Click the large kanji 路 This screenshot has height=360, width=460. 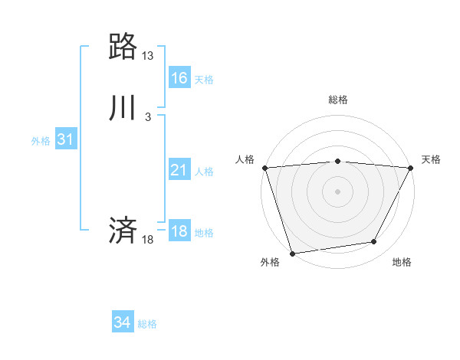[123, 47]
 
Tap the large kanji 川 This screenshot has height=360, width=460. [123, 108]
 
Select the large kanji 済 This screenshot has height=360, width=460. [123, 230]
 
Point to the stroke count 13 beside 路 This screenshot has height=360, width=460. [148, 56]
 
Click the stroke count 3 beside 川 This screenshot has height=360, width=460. [148, 116]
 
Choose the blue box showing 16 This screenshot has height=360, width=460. [179, 78]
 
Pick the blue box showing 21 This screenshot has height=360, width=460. [179, 171]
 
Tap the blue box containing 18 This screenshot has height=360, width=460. [179, 231]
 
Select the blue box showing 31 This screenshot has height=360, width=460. [65, 139]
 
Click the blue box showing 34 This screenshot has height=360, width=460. [123, 322]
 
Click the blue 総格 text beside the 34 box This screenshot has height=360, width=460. [147, 324]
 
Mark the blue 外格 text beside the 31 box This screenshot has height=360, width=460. [41, 141]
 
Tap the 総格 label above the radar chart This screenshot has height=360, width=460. [337, 100]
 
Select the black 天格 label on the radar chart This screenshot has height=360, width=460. [431, 159]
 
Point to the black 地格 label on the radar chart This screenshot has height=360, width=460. [402, 263]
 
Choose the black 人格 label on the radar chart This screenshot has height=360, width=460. [245, 159]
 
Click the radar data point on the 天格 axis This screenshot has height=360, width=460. [410, 168]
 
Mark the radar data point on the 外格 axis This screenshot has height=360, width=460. [292, 252]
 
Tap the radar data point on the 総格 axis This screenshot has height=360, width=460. [337, 161]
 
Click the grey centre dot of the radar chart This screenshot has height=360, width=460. [337, 191]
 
